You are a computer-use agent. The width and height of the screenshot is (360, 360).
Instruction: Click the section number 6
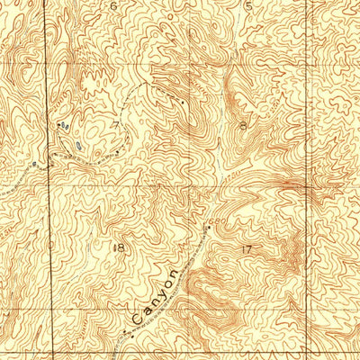[113, 6]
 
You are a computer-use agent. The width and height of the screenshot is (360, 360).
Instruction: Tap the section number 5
[248, 5]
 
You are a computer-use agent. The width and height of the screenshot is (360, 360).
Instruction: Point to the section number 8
[244, 126]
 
